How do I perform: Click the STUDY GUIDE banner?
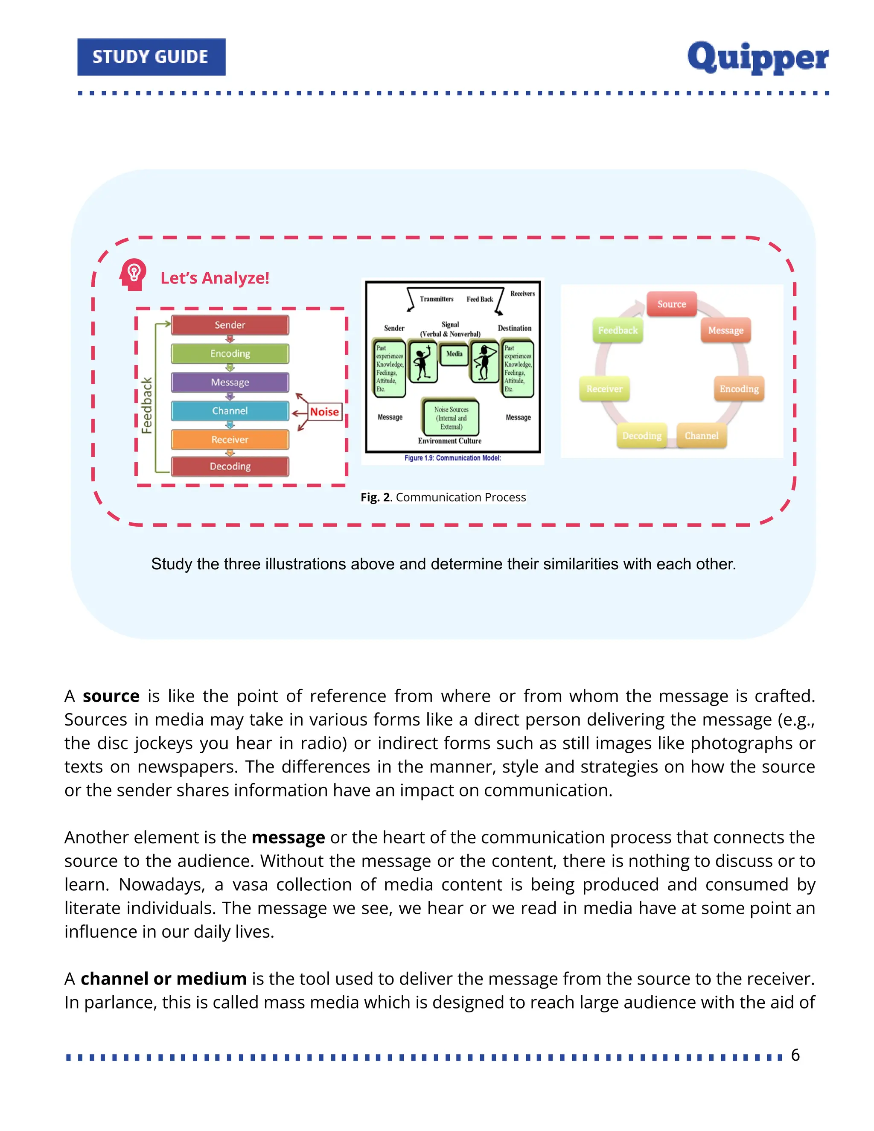[151, 57]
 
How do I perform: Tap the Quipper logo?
[757, 58]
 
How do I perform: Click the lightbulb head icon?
[133, 274]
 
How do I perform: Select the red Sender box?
[230, 325]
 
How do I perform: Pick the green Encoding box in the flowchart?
[230, 354]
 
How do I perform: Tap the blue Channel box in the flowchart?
[230, 411]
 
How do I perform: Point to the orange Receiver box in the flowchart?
[230, 440]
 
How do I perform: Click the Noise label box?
[325, 412]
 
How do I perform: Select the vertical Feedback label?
[147, 405]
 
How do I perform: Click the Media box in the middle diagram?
[454, 354]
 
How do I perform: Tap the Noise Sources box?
[451, 418]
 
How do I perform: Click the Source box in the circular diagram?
[672, 304]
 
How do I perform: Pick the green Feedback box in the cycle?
[618, 330]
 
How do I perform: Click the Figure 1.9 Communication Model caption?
[452, 458]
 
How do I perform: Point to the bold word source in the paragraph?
[111, 697]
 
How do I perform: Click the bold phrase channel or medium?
[163, 979]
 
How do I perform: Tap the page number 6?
[795, 1055]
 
